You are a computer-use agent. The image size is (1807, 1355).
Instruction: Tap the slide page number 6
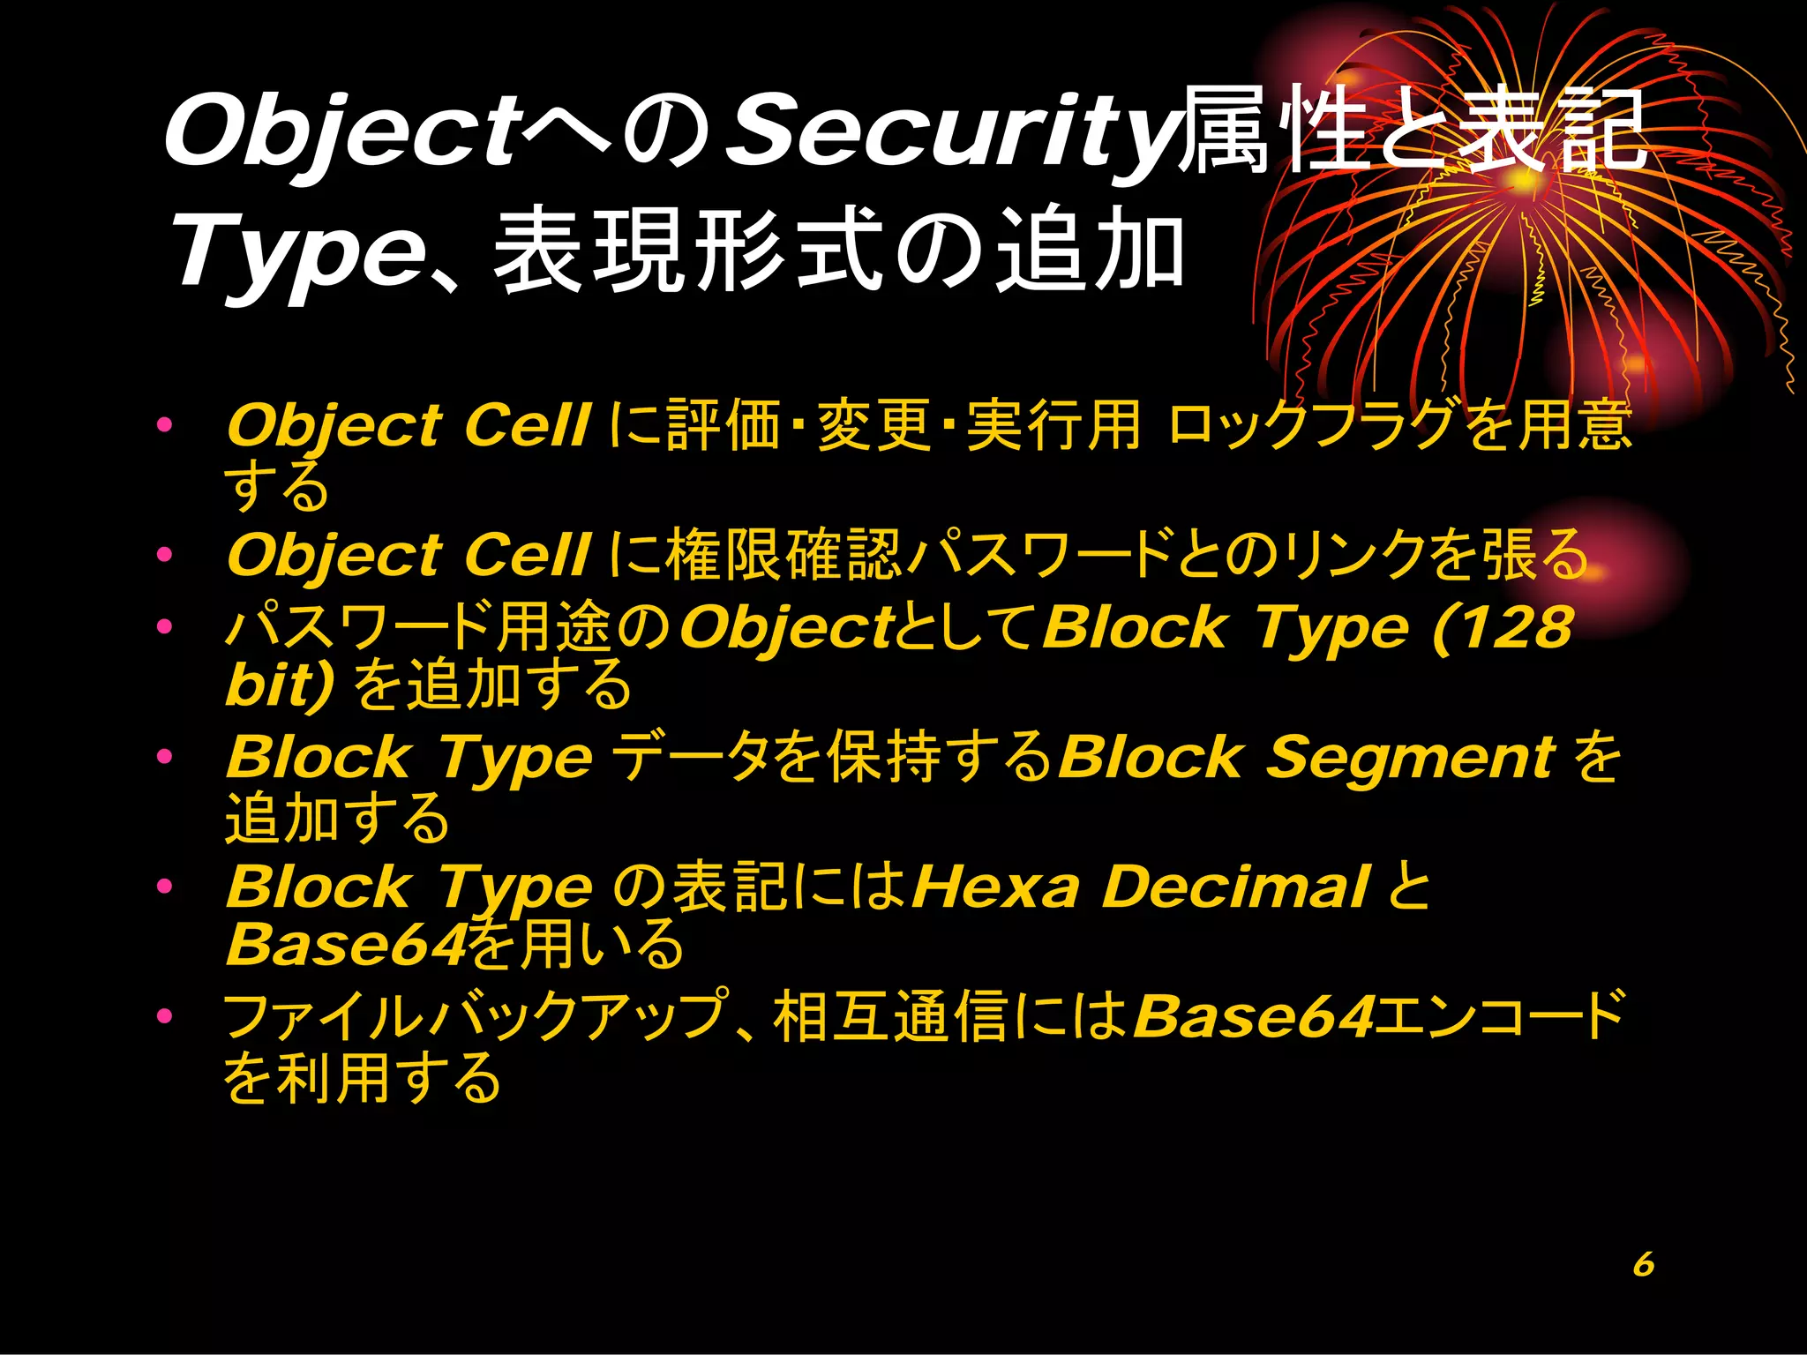pos(1643,1264)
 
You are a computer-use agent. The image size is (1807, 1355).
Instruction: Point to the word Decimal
pos(1235,887)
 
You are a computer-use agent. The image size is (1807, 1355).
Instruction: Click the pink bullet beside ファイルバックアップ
pos(164,1016)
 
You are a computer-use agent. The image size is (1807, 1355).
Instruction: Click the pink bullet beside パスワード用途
pos(164,627)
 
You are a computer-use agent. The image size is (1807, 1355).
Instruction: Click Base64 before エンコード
pos(1254,1016)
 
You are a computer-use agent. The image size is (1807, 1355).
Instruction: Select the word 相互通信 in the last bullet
pos(891,1016)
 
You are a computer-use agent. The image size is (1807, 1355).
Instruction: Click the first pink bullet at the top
pos(164,425)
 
